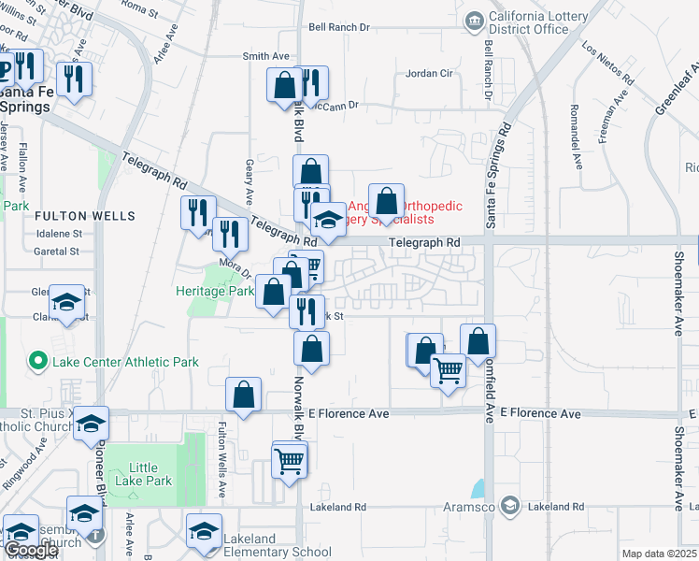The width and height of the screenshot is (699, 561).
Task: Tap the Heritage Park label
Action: pyautogui.click(x=215, y=291)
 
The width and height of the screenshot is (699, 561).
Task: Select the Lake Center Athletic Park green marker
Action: pyautogui.click(x=38, y=359)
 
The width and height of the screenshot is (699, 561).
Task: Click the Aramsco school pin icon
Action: pyautogui.click(x=509, y=505)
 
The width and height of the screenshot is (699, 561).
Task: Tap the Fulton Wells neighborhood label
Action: pyautogui.click(x=72, y=216)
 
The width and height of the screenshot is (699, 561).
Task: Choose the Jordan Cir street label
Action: pyautogui.click(x=429, y=73)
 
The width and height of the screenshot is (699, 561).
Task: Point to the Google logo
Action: pyautogui.click(x=30, y=550)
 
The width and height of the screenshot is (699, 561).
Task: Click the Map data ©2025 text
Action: pyautogui.click(x=658, y=554)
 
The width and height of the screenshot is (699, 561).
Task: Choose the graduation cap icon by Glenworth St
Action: pyautogui.click(x=67, y=302)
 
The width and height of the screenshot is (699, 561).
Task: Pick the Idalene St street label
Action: pyautogui.click(x=58, y=234)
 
